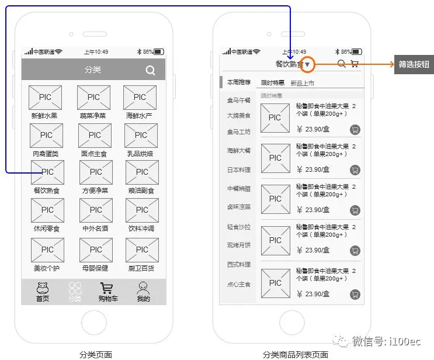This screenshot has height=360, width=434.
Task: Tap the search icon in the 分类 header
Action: [x=150, y=71]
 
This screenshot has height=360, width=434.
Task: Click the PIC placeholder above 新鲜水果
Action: [x=45, y=98]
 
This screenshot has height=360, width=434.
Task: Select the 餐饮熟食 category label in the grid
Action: [x=47, y=191]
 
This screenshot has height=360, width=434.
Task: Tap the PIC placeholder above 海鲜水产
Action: [x=140, y=98]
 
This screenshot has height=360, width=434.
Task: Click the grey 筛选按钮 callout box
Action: [x=414, y=64]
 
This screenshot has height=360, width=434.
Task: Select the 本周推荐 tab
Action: [x=239, y=82]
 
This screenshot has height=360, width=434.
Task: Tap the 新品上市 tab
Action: [x=302, y=83]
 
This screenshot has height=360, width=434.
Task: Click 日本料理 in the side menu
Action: [x=239, y=169]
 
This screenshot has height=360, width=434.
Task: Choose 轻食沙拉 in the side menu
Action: [x=239, y=227]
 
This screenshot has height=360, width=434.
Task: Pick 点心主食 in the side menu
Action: [x=239, y=284]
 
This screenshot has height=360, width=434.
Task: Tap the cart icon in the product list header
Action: [x=354, y=64]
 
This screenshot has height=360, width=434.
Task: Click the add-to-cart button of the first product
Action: [x=355, y=130]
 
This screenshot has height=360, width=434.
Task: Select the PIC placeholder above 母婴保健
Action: [x=95, y=250]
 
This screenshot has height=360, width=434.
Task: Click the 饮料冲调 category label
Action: [x=141, y=229]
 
